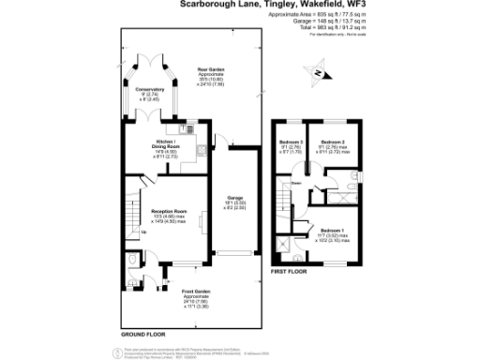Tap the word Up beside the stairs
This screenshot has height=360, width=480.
117,232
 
